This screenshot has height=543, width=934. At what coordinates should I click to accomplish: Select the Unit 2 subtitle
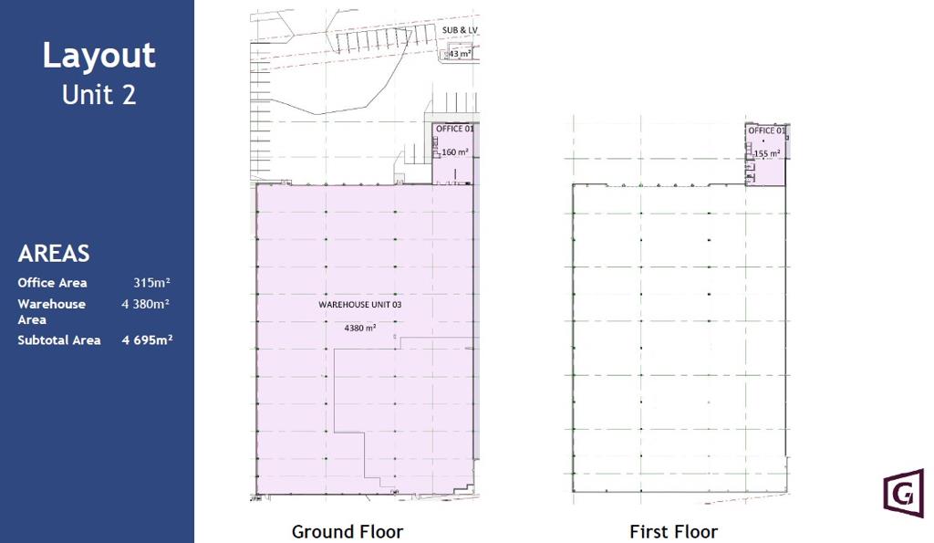click(99, 95)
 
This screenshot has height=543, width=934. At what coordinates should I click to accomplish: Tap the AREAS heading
click(54, 254)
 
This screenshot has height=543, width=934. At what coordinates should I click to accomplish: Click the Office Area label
click(52, 283)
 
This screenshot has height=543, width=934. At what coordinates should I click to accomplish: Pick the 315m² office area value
click(152, 283)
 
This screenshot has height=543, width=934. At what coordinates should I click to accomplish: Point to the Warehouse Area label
click(52, 312)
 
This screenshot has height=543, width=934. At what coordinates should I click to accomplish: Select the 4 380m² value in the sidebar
click(146, 304)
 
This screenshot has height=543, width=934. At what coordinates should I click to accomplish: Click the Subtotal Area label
click(59, 340)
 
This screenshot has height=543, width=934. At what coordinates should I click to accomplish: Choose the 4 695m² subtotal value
click(147, 340)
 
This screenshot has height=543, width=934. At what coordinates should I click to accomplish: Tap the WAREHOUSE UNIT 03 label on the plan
click(359, 305)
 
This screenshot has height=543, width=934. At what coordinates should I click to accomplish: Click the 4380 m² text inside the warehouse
click(359, 328)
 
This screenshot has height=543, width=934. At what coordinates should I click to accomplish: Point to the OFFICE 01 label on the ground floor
click(454, 129)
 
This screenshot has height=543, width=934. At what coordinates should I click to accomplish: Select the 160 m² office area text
click(454, 152)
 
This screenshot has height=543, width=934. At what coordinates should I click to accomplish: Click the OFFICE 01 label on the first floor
click(766, 131)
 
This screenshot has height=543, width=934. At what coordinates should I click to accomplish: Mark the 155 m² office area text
click(766, 154)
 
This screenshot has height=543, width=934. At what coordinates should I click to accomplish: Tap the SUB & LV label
click(460, 30)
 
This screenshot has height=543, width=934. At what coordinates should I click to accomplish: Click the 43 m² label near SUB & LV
click(459, 54)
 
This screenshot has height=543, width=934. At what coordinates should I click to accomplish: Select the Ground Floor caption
click(348, 531)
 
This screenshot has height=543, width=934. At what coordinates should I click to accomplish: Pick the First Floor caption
click(674, 531)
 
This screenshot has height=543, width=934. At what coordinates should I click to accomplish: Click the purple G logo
click(904, 493)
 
